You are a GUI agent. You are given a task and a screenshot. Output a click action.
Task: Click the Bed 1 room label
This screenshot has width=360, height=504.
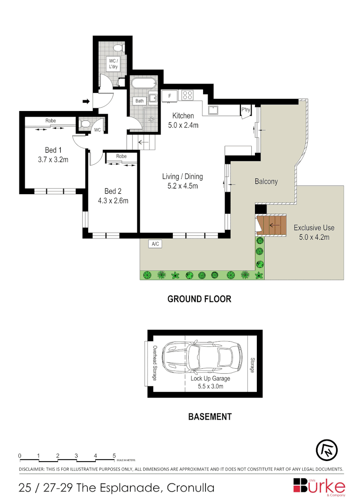[x=53, y=150]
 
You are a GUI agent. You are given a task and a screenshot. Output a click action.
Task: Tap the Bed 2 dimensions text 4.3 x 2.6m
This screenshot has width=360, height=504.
[x=113, y=201]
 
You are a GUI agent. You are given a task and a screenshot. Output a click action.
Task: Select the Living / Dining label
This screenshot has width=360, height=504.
[x=182, y=176]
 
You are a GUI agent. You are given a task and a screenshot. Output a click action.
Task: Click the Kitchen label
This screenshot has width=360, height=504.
[x=183, y=116]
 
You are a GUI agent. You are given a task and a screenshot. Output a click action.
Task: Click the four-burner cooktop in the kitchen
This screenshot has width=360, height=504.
[x=188, y=95]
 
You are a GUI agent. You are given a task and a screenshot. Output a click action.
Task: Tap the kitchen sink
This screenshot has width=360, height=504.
[x=214, y=110]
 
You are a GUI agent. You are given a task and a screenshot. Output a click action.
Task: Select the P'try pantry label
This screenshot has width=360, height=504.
[x=246, y=110]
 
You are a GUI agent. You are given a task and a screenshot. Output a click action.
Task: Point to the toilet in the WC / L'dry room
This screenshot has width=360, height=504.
[x=119, y=48]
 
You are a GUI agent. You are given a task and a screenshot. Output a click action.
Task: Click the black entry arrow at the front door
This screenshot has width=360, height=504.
[x=86, y=101]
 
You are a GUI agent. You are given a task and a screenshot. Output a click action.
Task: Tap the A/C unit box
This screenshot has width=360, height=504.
[x=155, y=244]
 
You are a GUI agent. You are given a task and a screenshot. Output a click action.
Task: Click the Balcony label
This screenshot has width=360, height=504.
[x=266, y=182]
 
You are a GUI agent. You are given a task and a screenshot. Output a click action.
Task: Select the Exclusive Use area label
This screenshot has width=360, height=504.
[x=314, y=228]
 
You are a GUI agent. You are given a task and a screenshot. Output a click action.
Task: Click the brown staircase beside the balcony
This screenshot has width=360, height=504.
[x=271, y=225]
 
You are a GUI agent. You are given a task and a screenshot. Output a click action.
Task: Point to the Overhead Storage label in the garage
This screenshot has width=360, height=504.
[x=155, y=363]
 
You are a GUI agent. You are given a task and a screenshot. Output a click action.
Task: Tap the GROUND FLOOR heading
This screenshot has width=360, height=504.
[x=199, y=299]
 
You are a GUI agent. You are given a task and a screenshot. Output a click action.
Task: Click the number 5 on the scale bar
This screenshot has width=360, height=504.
[x=114, y=455]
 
